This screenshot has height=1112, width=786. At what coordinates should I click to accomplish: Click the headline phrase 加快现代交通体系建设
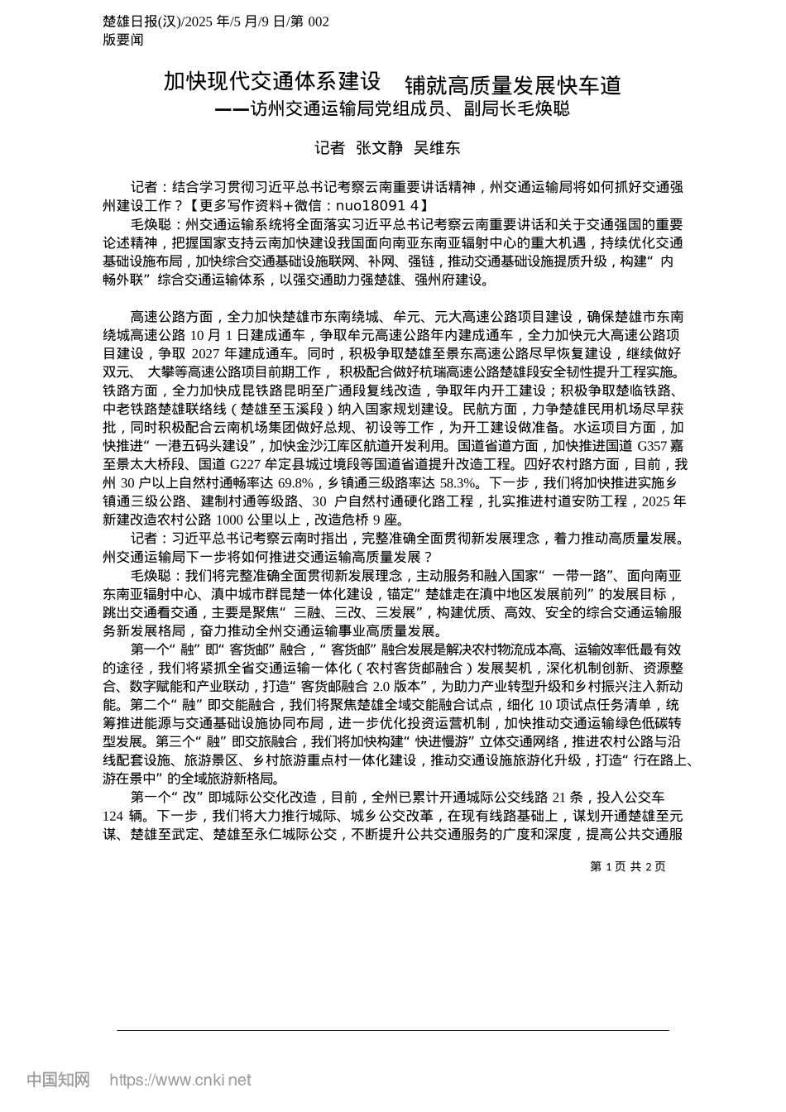[x=272, y=82]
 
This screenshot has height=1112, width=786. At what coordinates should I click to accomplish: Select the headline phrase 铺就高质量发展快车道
[x=513, y=85]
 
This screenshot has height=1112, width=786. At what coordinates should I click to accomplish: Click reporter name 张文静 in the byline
[x=379, y=148]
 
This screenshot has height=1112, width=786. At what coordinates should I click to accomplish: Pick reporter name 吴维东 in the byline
[x=436, y=148]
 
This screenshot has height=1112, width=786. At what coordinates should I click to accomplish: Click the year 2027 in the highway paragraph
[x=196, y=353]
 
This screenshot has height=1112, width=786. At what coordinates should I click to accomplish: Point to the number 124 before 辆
[x=113, y=817]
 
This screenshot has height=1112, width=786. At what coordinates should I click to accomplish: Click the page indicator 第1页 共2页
[x=628, y=866]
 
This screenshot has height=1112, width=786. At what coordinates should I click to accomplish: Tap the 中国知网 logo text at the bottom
[x=58, y=1080]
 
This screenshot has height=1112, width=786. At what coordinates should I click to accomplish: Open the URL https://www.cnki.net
[x=180, y=1080]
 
